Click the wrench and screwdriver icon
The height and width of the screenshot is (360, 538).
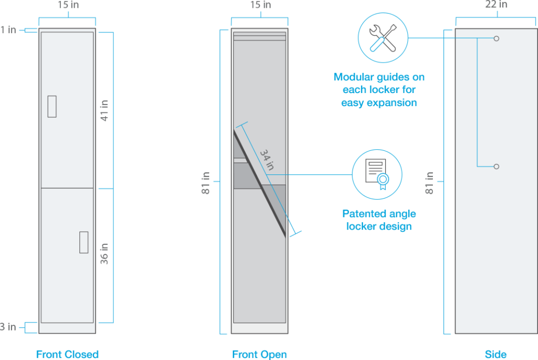tap(382, 37)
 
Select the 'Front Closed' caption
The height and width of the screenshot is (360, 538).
tap(67, 354)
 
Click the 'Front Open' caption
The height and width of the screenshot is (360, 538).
tap(260, 354)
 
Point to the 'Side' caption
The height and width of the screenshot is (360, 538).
tap(495, 354)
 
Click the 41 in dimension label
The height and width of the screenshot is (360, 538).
tap(105, 109)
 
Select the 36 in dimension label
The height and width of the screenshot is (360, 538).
tap(105, 253)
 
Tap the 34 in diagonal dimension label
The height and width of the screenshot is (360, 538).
tap(267, 159)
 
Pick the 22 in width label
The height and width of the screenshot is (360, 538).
tap(495, 5)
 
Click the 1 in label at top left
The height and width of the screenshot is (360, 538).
tap(8, 30)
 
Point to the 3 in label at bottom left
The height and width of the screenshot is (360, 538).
tap(8, 327)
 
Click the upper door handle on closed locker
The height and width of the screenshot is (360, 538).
tap(51, 106)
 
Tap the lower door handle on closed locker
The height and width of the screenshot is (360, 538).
tap(84, 242)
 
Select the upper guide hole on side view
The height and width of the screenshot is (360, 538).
tap(496, 38)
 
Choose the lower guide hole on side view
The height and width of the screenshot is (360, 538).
tap(496, 167)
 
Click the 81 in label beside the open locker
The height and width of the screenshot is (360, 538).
tap(206, 182)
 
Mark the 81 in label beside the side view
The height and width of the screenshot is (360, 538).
tap(430, 182)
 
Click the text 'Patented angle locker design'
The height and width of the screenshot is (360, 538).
tap(379, 220)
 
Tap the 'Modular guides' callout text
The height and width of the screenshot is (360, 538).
tap(379, 90)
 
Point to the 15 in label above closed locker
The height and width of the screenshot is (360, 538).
tap(67, 5)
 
